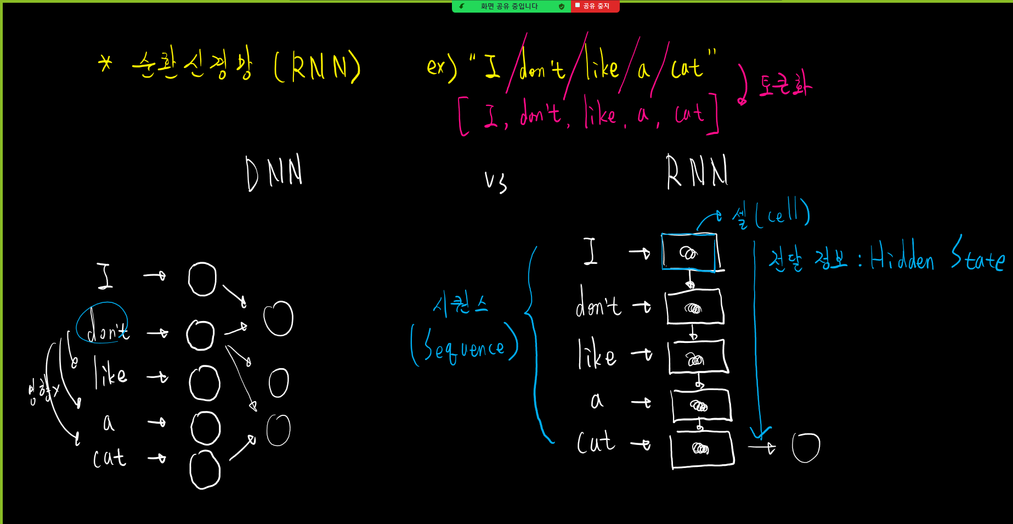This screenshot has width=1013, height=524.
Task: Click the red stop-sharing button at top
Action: [x=595, y=6]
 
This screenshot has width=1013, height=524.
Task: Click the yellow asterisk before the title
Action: [x=105, y=64]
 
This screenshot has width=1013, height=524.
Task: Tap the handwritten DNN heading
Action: [x=274, y=173]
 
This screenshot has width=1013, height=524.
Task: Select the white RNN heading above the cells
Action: [x=697, y=172]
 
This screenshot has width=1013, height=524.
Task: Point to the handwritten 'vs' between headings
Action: [x=496, y=182]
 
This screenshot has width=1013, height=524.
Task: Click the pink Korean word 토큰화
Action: [x=785, y=86]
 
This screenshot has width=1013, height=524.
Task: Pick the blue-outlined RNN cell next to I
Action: [x=689, y=252]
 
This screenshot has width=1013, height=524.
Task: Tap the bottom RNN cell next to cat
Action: [x=702, y=449]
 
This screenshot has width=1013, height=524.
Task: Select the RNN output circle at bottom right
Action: [x=806, y=448]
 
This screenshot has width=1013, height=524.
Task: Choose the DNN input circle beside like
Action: [x=205, y=383]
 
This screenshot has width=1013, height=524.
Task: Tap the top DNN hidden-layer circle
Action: [x=279, y=319]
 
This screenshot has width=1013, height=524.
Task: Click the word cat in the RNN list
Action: [x=596, y=442]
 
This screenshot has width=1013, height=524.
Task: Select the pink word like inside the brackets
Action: [x=600, y=113]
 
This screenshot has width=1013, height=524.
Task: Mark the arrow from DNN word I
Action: [x=155, y=275]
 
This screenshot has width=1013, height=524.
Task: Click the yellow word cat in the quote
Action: [x=687, y=68]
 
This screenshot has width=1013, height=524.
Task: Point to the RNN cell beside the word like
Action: [x=698, y=357]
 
